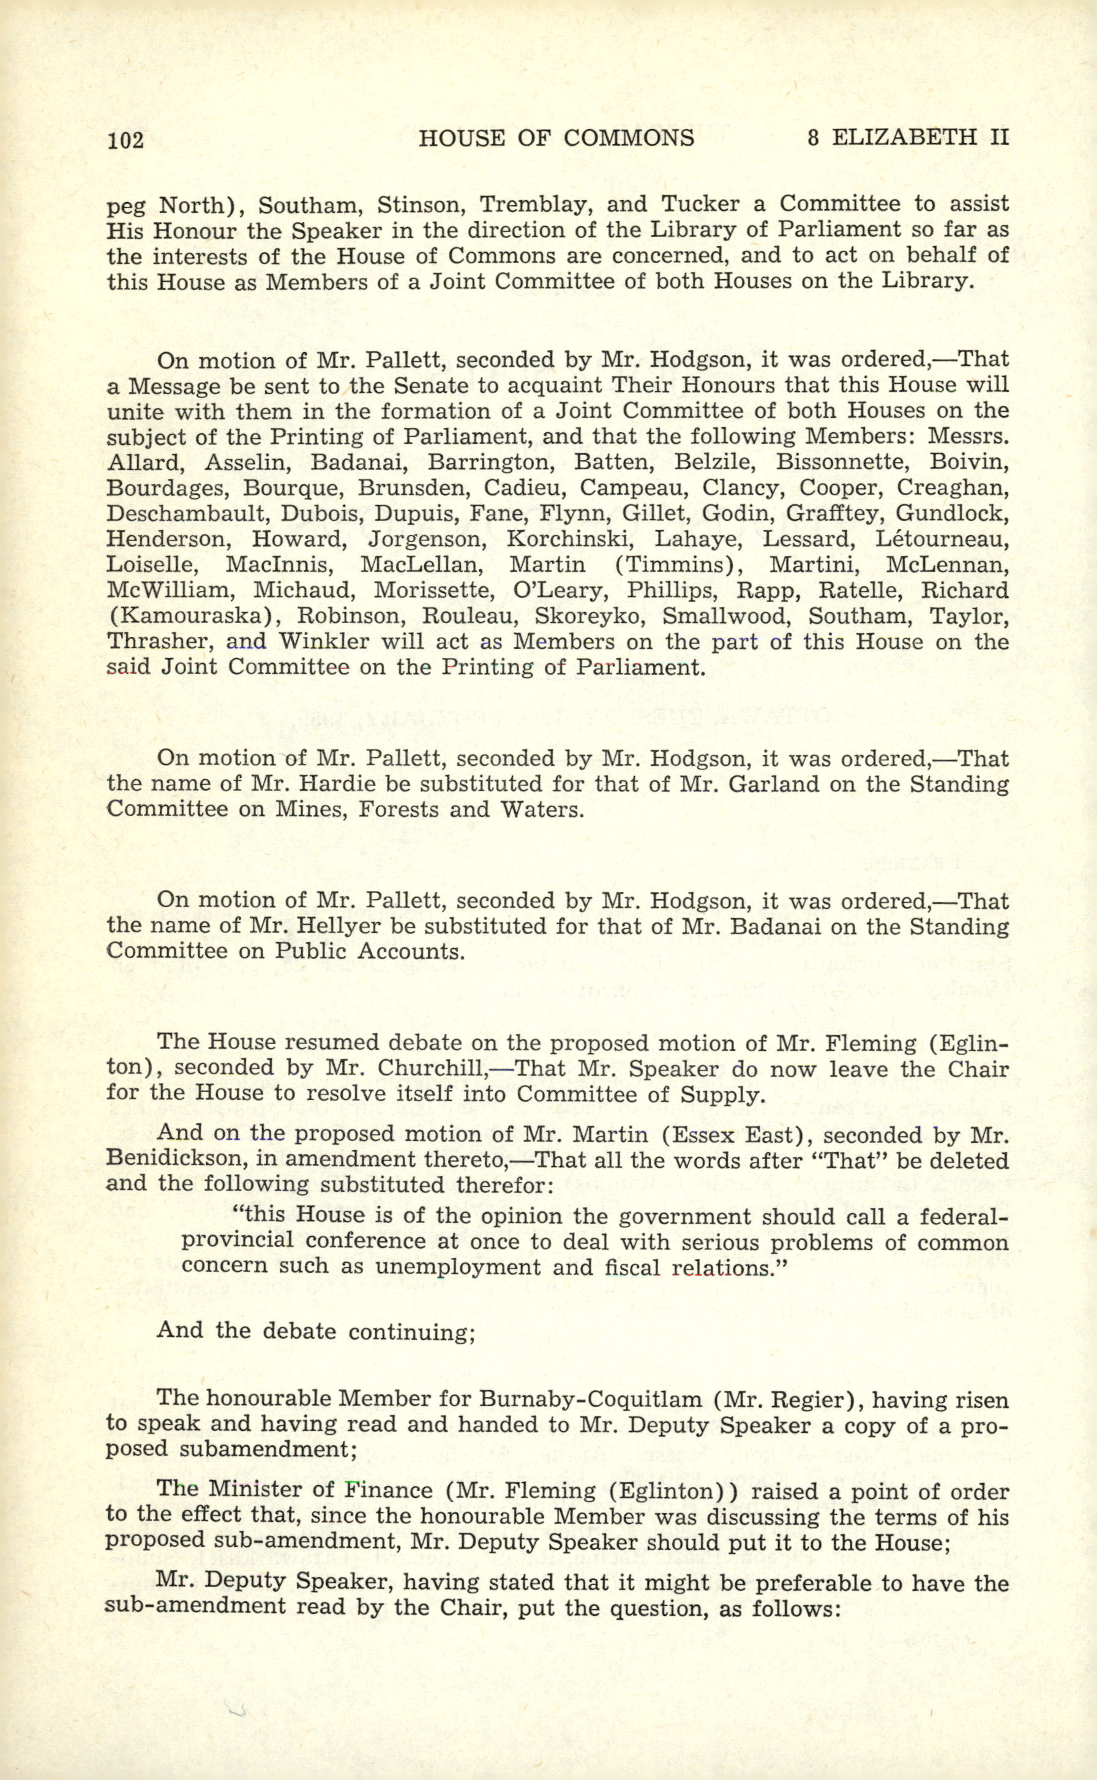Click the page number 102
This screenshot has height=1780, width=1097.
click(x=125, y=140)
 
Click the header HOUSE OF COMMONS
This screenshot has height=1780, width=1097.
click(x=556, y=138)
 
